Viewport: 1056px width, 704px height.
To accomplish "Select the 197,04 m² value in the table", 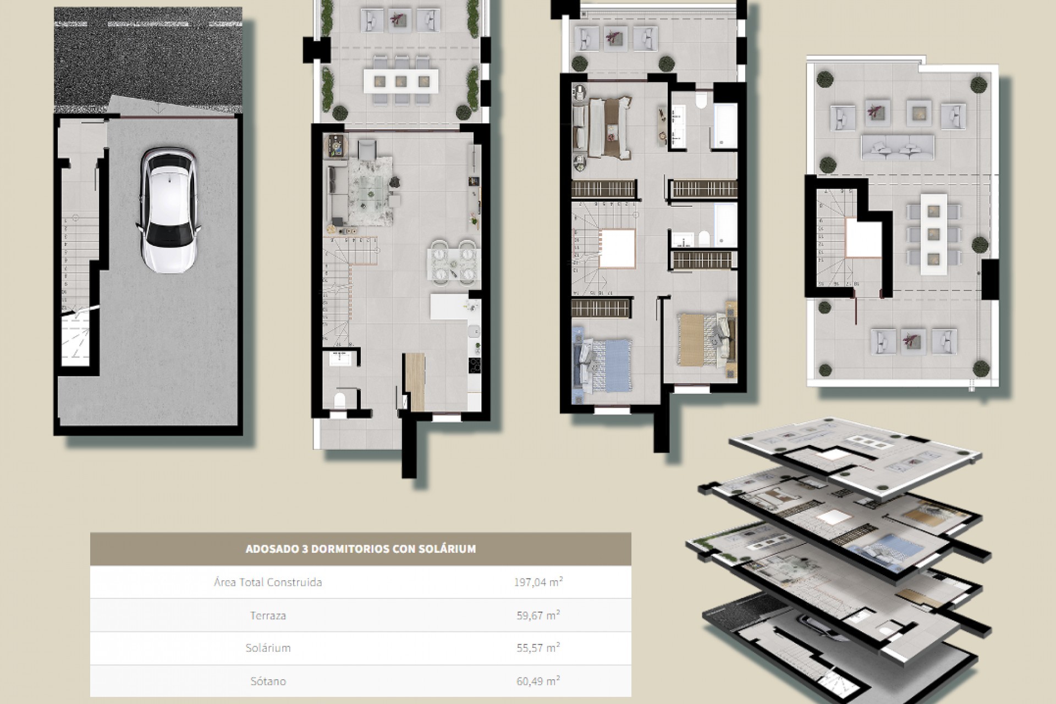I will [538, 582].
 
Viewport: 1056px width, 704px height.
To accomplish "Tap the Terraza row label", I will [268, 615].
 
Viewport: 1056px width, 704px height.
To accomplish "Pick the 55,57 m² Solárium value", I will [538, 648].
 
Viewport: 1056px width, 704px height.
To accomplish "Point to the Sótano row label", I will [268, 681].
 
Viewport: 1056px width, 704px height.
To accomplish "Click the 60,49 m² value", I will [538, 681].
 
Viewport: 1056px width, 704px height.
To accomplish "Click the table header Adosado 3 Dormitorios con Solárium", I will [360, 549].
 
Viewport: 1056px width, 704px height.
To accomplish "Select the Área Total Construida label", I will [268, 582].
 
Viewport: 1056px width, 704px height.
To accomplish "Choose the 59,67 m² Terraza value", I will [538, 615].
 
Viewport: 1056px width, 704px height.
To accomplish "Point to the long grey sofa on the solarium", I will [897, 146].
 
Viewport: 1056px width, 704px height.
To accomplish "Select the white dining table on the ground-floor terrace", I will [400, 80].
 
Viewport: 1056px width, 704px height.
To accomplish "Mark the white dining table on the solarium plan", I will [933, 234].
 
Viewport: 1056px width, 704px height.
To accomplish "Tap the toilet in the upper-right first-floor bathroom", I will [701, 101].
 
